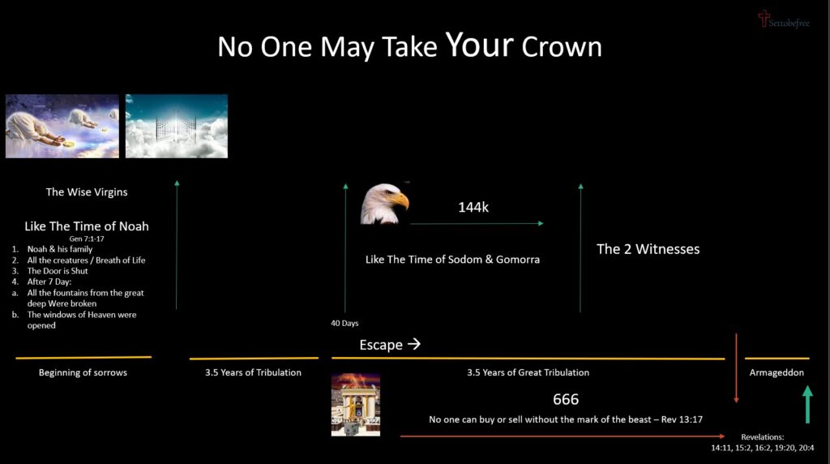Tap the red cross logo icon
tap(763, 18)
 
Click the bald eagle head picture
tap(384, 204)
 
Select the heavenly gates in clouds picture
tap(177, 126)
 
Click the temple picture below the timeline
tap(355, 405)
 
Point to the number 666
tap(566, 399)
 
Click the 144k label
tap(473, 207)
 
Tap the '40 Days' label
tap(344, 323)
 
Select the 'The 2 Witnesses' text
tap(648, 249)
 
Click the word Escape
tap(381, 345)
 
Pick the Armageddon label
tap(777, 372)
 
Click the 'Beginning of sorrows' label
tap(83, 372)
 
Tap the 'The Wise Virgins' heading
tap(87, 192)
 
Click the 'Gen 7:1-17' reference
tap(87, 238)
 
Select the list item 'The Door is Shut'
tap(58, 271)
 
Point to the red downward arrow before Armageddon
tap(736, 369)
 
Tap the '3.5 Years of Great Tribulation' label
tap(528, 372)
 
